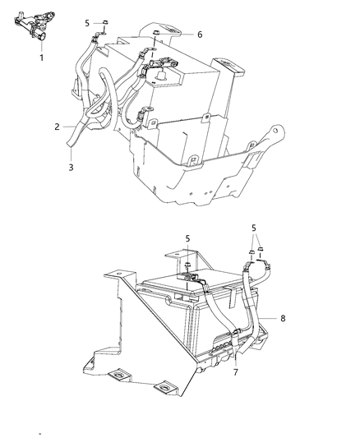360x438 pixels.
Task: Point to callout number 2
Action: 57,127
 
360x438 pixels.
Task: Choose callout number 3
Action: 72,167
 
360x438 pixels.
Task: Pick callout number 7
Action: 236,373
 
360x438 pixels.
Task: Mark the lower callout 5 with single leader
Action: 187,238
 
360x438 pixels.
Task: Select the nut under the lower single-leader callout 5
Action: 188,264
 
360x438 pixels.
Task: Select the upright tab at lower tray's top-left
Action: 117,277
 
